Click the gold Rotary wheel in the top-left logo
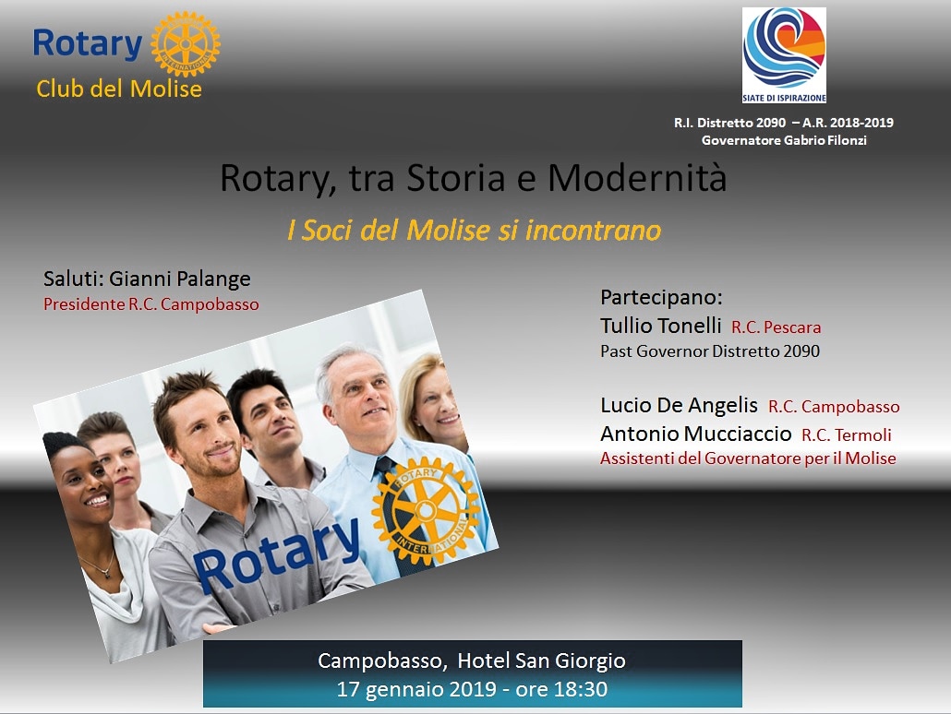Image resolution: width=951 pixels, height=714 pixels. click(185, 43)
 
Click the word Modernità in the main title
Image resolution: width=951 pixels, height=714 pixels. click(637, 178)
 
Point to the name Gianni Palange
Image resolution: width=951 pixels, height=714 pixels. click(179, 279)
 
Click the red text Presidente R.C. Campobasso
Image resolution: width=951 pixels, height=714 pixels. click(151, 304)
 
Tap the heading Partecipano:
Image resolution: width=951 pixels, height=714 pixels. click(661, 298)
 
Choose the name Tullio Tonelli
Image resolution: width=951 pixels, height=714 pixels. click(660, 326)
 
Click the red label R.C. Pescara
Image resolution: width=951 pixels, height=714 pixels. click(776, 327)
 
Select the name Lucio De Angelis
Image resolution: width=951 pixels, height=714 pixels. click(679, 405)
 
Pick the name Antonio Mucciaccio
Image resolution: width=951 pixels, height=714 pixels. click(695, 434)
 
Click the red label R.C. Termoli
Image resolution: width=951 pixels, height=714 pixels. click(846, 435)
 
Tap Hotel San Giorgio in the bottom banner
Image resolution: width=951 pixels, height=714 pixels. click(541, 660)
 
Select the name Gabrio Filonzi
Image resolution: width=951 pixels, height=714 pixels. click(825, 140)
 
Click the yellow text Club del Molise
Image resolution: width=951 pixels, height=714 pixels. click(119, 89)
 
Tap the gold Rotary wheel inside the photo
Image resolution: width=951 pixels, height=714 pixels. click(426, 511)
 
